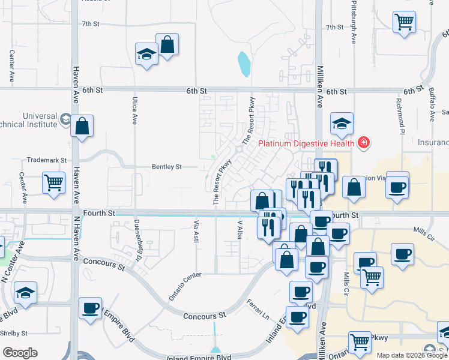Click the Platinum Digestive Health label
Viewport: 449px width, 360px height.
(x=307, y=143)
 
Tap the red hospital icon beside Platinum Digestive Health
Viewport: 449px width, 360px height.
(x=363, y=143)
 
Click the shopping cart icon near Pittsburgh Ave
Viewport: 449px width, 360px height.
(x=404, y=23)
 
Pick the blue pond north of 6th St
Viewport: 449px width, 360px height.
(x=244, y=64)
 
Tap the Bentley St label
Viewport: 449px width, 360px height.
(x=166, y=166)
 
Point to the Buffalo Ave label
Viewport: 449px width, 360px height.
(x=432, y=103)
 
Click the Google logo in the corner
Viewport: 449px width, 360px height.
(x=20, y=352)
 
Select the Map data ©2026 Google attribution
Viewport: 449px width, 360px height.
(x=413, y=355)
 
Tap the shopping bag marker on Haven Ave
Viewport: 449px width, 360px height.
(x=82, y=127)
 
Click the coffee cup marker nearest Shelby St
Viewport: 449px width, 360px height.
(x=90, y=308)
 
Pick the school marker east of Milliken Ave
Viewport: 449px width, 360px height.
(x=342, y=124)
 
